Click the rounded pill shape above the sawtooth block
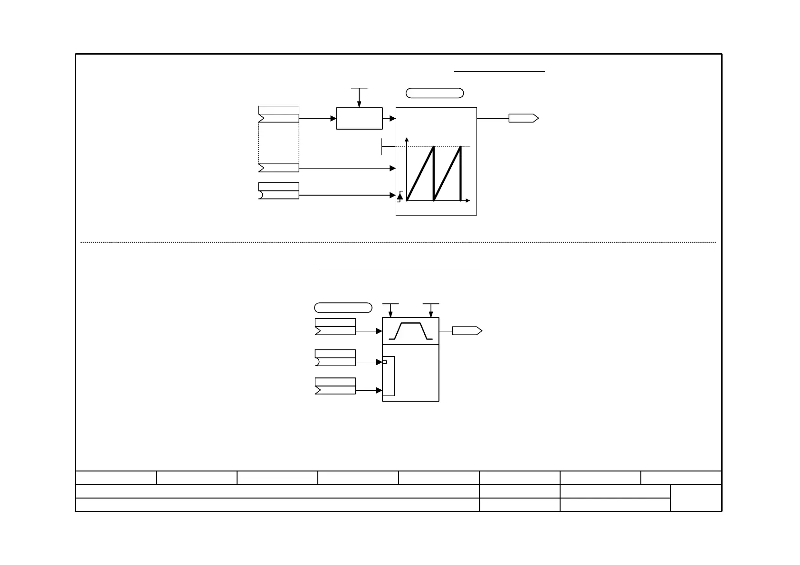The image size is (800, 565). point(435,93)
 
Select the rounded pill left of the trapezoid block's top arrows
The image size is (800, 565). point(343,307)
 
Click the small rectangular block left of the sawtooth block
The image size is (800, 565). point(359,118)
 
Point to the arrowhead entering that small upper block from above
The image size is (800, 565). point(359,104)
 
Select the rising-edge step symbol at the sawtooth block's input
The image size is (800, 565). point(400,195)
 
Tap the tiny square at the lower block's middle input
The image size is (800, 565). point(385,362)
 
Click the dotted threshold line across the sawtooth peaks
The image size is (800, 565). point(447,147)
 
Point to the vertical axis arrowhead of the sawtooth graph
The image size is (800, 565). point(407,140)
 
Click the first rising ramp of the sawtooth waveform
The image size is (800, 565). point(420,174)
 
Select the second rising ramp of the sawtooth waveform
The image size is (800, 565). point(448,174)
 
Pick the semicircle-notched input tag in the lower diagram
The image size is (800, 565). point(335,362)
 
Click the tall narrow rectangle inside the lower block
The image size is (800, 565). point(389,376)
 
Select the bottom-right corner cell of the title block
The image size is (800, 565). point(696,498)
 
